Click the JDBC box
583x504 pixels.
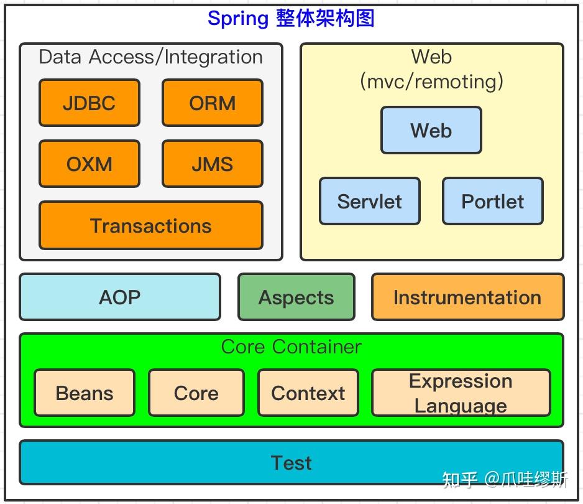click(90, 103)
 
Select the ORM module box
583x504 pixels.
click(213, 103)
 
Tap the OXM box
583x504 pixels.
click(90, 164)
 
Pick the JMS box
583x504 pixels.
click(213, 164)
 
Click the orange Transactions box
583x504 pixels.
click(151, 225)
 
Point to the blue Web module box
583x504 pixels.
click(431, 130)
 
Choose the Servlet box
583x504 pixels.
click(370, 201)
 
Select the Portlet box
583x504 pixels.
click(493, 201)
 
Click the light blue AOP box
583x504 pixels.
click(120, 297)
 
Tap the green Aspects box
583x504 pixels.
click(296, 297)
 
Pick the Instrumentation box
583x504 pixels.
click(468, 297)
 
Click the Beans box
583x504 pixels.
click(85, 393)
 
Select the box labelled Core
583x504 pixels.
click(196, 393)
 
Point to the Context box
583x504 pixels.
click(308, 393)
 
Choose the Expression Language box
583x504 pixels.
click(461, 393)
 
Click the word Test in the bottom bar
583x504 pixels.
click(291, 463)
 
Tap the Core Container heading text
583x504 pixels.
click(291, 347)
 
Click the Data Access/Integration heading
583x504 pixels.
click(150, 57)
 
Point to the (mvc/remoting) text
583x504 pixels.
click(432, 82)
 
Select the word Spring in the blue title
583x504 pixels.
click(238, 19)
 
